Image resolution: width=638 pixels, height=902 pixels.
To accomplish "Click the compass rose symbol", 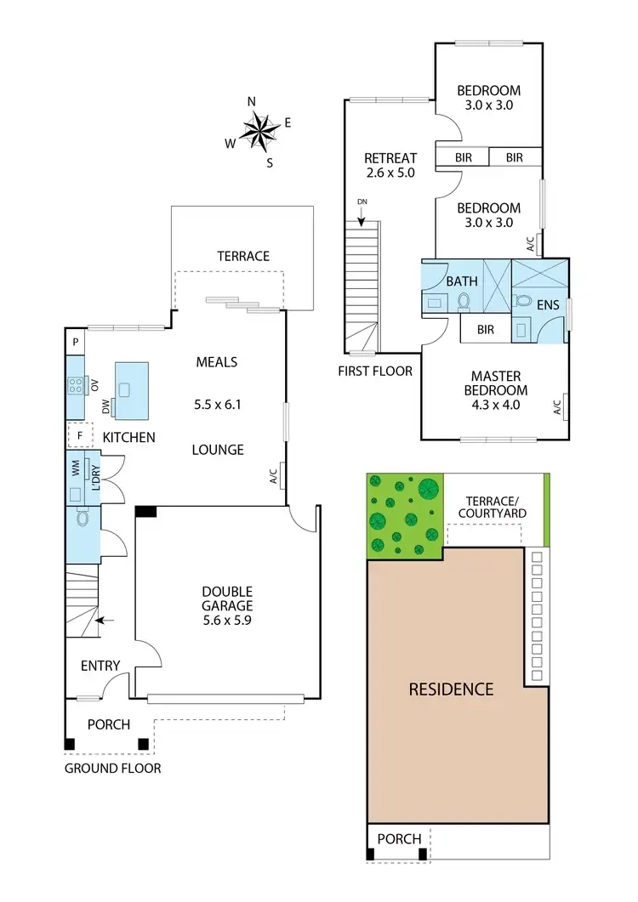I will point(260,130).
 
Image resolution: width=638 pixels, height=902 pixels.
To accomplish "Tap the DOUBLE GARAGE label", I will point(226,598).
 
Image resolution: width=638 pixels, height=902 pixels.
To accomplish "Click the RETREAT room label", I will point(390,157).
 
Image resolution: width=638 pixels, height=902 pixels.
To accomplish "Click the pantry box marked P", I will point(76,342).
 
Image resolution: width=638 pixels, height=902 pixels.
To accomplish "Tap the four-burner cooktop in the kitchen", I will point(76,387).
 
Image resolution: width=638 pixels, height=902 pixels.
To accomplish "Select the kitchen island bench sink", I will point(124,390).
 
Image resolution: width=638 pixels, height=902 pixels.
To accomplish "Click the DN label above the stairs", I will point(362,201).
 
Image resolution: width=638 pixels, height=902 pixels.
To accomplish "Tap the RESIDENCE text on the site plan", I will point(451,689).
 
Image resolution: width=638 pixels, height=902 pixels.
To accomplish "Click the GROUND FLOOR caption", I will point(112,768).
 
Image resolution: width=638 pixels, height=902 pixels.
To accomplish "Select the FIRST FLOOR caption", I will point(375,371).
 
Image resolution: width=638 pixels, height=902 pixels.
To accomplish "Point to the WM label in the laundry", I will point(76,468).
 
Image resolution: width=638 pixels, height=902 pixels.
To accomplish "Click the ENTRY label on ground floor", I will point(100,666).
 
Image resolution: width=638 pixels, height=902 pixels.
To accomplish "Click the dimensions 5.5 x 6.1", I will point(218,405).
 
